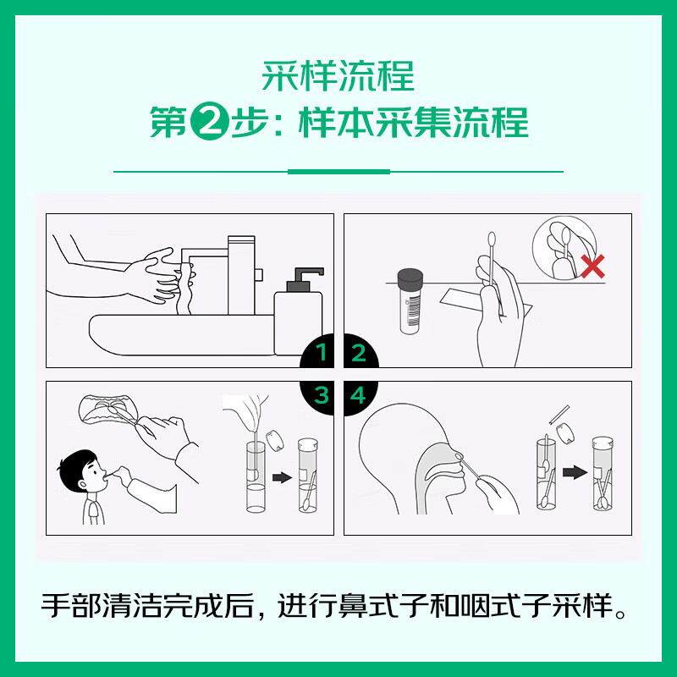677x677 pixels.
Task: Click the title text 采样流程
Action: pos(338,76)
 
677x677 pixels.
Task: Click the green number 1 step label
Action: pos(321,353)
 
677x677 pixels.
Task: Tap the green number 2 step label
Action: pos(358,353)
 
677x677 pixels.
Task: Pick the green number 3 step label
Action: pos(321,394)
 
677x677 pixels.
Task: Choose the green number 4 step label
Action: pos(358,394)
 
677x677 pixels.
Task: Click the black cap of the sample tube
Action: pos(410,277)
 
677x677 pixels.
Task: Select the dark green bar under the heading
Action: pos(338,172)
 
